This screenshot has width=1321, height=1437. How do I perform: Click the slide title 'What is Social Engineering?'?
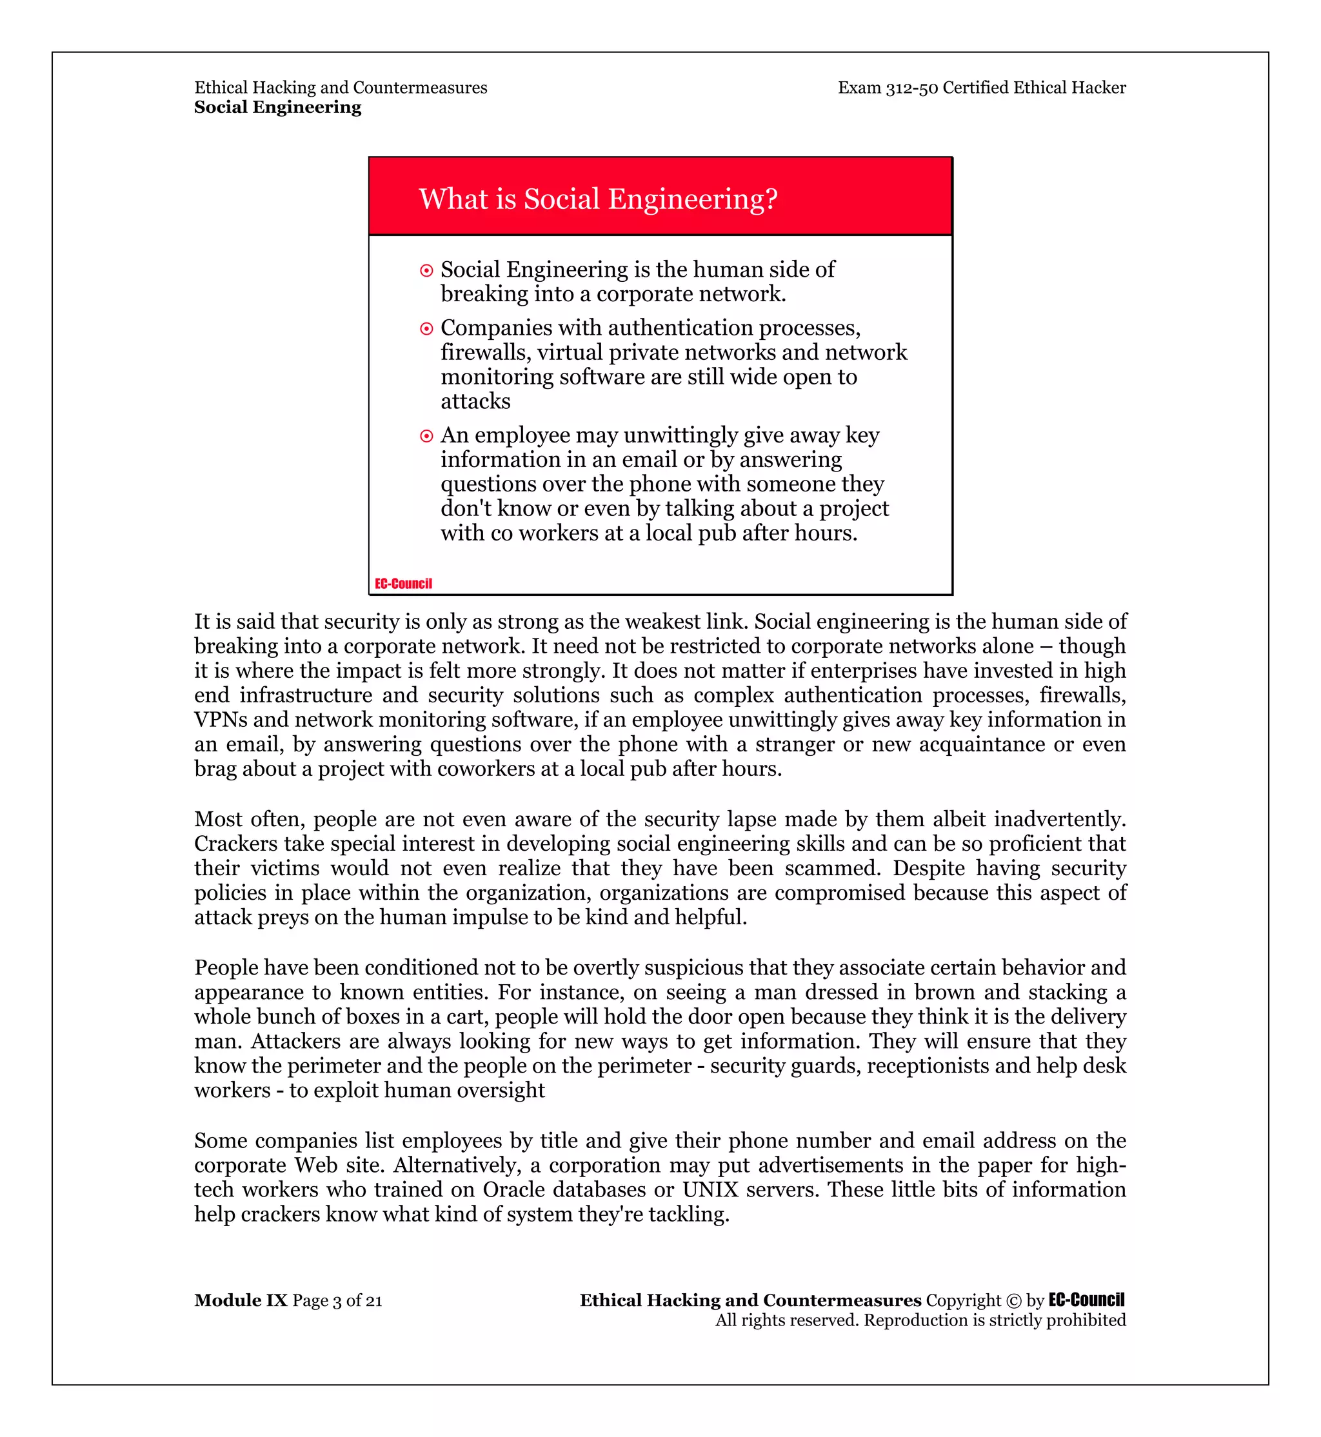(597, 199)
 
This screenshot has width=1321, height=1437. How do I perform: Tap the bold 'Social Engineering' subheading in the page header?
(277, 107)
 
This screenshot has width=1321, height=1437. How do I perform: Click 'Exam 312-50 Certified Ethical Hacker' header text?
(982, 87)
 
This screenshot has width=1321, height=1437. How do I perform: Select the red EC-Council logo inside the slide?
(403, 584)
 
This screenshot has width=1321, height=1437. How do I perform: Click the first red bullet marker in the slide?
(427, 271)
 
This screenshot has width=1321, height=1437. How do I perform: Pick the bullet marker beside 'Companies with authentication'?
(427, 329)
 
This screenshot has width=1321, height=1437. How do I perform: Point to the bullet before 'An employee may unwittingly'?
(427, 436)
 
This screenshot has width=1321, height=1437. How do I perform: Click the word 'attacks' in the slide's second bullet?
(475, 401)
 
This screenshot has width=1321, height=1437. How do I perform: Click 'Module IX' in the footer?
(240, 1300)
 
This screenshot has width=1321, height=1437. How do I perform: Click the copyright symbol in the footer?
(1013, 1300)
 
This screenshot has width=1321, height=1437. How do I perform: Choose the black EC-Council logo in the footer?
(1087, 1300)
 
